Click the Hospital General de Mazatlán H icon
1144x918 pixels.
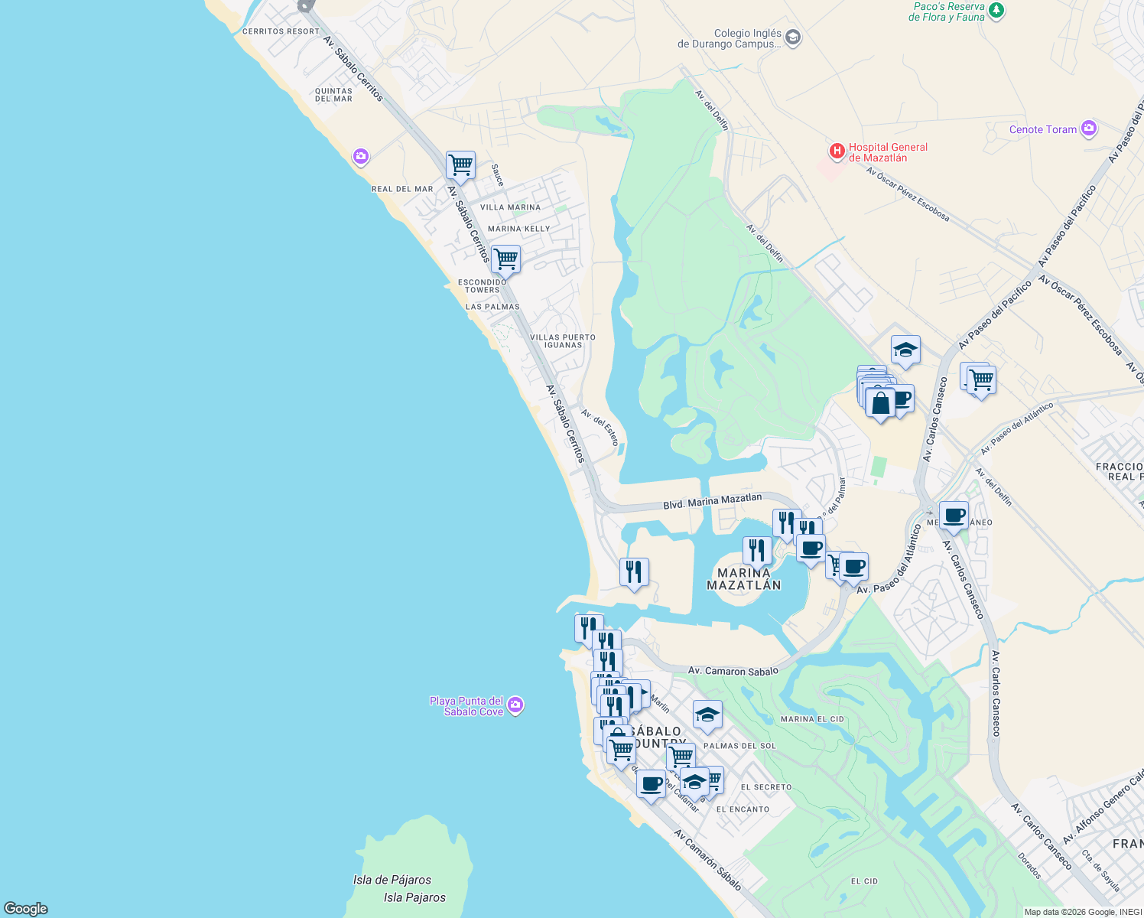pos(837,151)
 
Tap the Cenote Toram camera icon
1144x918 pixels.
pos(1089,129)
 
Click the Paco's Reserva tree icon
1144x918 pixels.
pos(996,10)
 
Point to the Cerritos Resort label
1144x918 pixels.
pos(281,31)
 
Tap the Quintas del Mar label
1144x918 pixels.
pos(333,95)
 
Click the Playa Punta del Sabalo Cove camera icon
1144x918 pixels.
pos(515,705)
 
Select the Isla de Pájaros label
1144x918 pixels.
pos(392,880)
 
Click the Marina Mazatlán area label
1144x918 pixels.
pos(743,579)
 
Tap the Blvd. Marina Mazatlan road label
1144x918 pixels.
pos(712,502)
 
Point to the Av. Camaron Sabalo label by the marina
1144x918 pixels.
pos(733,671)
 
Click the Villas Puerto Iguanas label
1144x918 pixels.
pos(563,341)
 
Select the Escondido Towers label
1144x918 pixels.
pos(482,286)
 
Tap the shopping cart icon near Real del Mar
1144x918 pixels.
pos(460,164)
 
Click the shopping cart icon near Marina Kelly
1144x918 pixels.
pos(505,259)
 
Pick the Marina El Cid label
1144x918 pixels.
pos(812,719)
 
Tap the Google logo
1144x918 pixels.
pos(26,909)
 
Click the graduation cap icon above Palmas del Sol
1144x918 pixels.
pos(707,715)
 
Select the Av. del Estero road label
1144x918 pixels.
pos(600,427)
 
